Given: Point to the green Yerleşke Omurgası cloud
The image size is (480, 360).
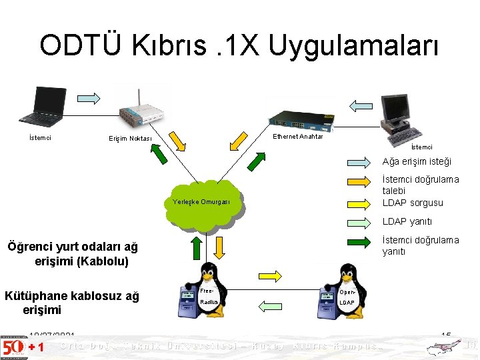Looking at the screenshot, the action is [x=201, y=202].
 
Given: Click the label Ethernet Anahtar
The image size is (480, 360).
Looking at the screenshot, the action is [x=298, y=137].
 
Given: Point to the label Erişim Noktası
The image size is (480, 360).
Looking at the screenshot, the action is [x=130, y=139].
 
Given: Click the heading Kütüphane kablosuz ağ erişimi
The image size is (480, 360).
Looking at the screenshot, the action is [x=72, y=303].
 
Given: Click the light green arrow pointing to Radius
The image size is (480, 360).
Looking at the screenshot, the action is [x=270, y=307].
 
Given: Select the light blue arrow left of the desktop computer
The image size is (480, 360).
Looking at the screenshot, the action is [x=363, y=105].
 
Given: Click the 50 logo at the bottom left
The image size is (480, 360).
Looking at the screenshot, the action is [x=13, y=347].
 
